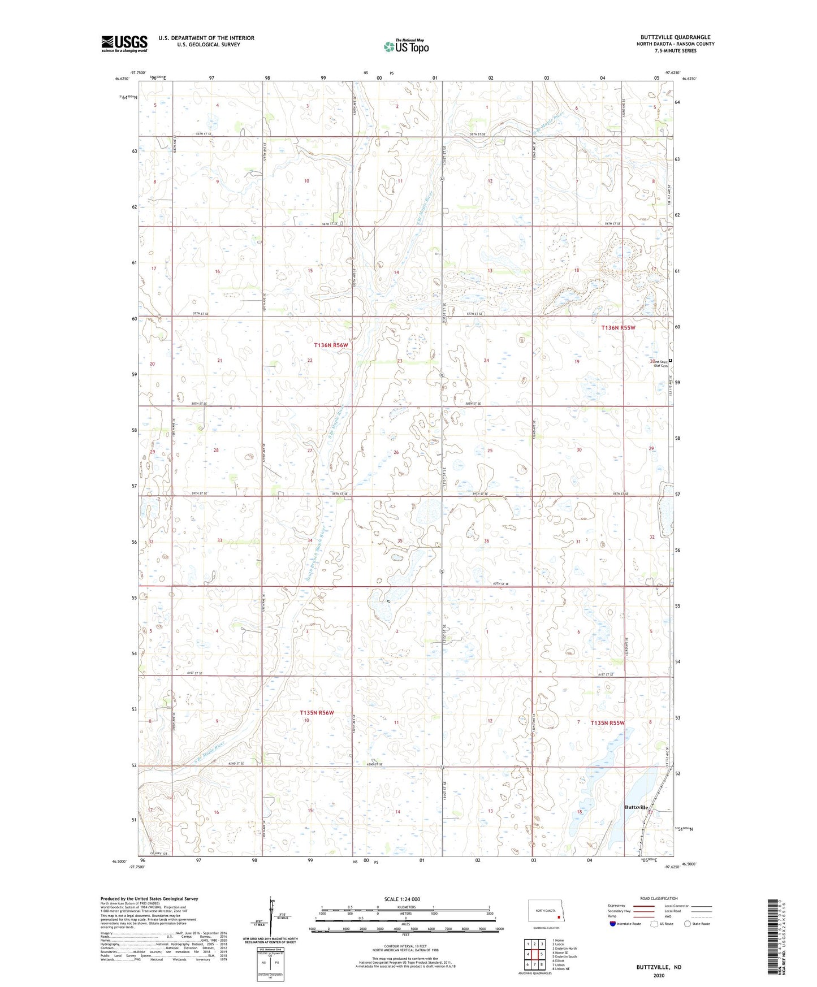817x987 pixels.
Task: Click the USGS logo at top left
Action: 124,44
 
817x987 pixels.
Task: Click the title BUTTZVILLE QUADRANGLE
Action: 673,37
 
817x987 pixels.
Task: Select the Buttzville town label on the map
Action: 636,807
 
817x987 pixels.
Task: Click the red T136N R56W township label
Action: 331,345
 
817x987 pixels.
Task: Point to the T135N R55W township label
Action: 607,723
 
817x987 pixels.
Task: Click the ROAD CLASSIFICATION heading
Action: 659,898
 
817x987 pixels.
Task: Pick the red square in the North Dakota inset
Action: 559,917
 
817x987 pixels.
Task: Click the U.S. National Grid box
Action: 269,957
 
